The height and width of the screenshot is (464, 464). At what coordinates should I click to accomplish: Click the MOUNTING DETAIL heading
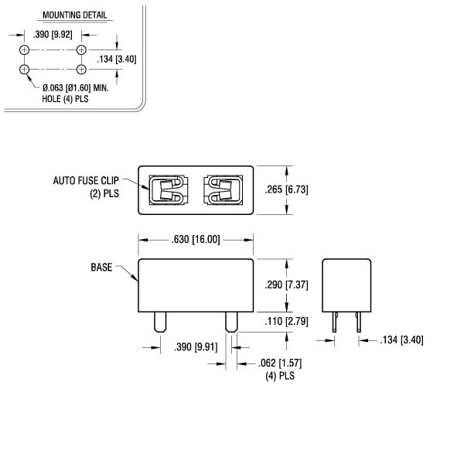tap(75, 15)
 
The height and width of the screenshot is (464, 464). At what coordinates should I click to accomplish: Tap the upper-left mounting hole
tap(26, 50)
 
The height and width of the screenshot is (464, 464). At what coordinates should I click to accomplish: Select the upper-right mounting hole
tap(81, 50)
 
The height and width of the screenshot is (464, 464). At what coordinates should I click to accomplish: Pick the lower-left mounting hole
tap(26, 70)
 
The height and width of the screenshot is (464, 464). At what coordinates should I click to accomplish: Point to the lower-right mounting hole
tap(81, 70)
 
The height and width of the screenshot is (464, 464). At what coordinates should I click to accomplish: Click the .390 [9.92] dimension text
tap(53, 35)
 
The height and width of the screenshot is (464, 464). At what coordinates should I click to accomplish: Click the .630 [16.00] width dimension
tap(196, 241)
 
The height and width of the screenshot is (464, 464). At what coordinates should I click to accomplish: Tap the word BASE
tap(102, 268)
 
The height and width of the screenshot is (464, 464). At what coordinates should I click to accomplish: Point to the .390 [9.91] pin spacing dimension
tap(194, 345)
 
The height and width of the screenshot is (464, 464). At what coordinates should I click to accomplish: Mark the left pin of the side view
tap(335, 323)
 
